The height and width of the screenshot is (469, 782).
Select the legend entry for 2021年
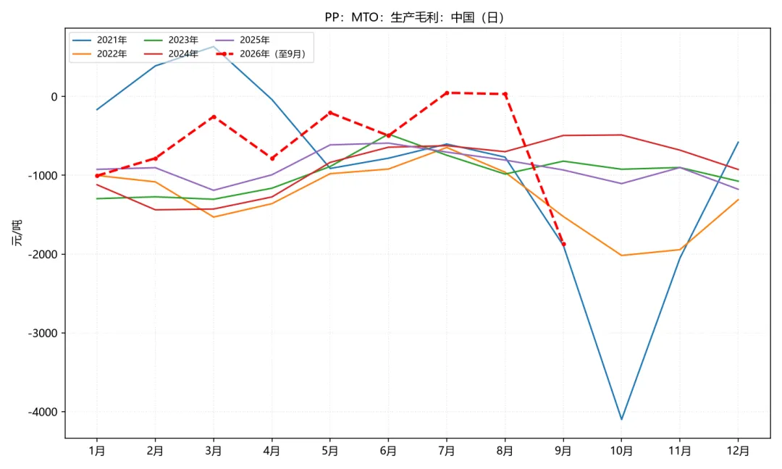point(100,40)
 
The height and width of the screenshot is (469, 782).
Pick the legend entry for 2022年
point(100,54)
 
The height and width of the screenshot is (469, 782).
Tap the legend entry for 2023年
point(171,40)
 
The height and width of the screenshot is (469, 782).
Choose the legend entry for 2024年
point(171,54)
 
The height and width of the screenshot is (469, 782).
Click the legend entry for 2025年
point(243,40)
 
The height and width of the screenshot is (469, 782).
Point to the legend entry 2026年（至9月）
point(261,54)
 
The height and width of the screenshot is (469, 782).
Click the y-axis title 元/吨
point(17,233)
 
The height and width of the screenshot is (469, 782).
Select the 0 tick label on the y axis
point(54,97)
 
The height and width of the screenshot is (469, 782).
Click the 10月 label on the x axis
point(621,451)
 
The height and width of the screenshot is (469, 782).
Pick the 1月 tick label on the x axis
point(97,451)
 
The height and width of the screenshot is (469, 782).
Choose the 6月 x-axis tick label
point(388,451)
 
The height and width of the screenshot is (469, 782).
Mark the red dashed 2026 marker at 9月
point(563,244)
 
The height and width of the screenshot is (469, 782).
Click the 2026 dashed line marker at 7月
point(446,93)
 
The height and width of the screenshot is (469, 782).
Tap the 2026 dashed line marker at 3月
point(214,117)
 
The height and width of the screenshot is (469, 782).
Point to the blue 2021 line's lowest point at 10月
point(621,419)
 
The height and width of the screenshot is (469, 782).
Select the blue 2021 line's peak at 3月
point(214,47)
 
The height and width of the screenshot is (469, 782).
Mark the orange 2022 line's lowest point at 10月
point(621,255)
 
